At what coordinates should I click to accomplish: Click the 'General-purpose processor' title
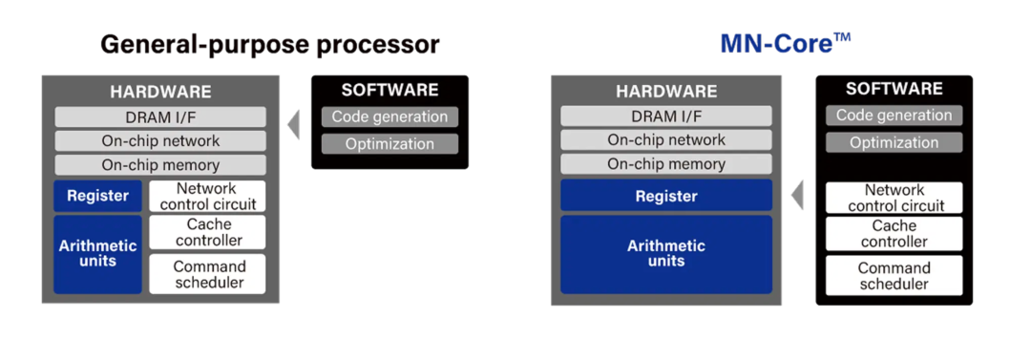[x=269, y=45]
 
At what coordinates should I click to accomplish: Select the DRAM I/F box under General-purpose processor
[x=160, y=117]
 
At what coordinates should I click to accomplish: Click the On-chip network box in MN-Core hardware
[x=666, y=140]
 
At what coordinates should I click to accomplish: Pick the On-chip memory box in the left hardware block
[x=160, y=164]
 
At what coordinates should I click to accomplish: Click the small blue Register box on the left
[x=98, y=196]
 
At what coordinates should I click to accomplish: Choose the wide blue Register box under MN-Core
[x=666, y=196]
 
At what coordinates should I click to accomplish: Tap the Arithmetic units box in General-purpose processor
[x=98, y=254]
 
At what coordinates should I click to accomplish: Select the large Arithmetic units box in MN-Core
[x=666, y=254]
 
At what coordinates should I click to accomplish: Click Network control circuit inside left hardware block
[x=208, y=196]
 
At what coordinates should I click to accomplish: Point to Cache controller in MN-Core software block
[x=894, y=234]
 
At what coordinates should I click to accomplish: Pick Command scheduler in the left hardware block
[x=208, y=274]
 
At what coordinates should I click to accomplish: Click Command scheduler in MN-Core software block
[x=894, y=276]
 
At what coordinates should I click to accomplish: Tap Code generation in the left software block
[x=389, y=117]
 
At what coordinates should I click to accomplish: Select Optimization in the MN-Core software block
[x=894, y=142]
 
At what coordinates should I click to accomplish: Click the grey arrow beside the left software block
[x=294, y=125]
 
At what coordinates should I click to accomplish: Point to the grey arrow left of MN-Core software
[x=797, y=196]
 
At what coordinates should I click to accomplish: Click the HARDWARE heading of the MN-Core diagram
[x=666, y=92]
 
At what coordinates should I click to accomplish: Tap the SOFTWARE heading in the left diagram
[x=389, y=90]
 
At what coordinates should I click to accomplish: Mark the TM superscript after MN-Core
[x=842, y=37]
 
